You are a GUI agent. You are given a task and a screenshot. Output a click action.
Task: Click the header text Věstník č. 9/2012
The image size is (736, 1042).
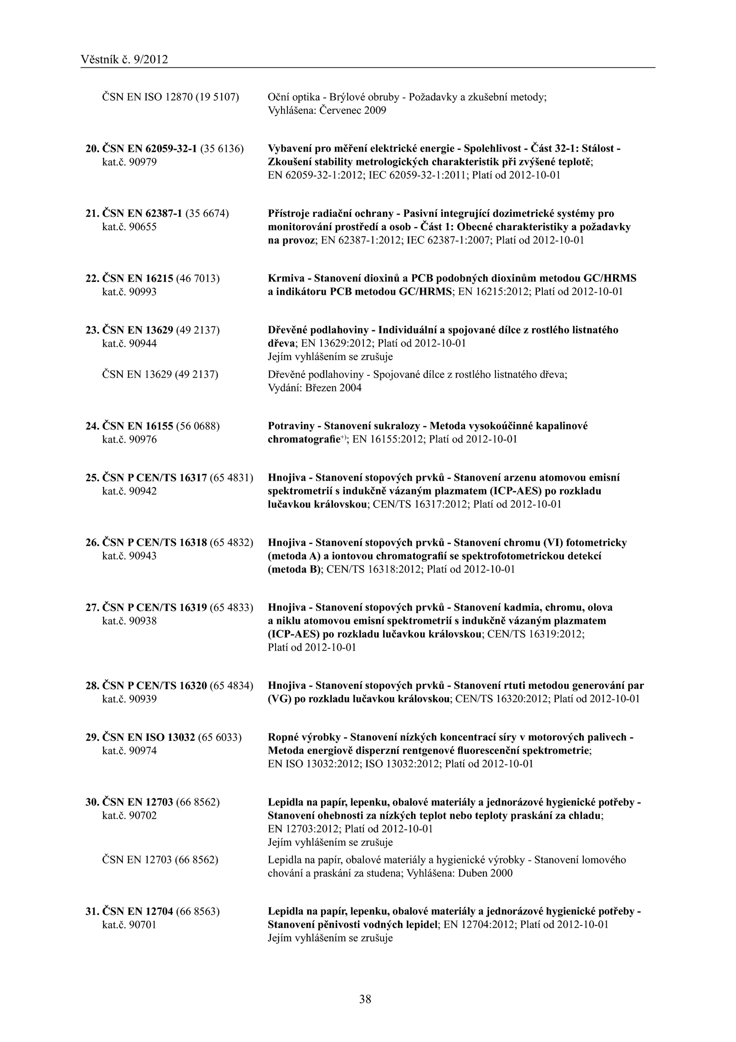point(124,59)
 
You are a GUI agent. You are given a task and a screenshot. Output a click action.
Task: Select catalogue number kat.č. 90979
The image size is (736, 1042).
point(129,162)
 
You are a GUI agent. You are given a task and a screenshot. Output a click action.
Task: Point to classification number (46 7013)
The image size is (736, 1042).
point(202,278)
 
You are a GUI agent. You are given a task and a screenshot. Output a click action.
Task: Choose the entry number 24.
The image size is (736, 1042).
point(92,426)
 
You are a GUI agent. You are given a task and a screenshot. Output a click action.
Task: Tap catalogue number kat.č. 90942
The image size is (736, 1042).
point(129,491)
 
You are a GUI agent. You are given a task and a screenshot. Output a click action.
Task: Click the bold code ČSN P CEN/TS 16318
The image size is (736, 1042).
point(154,542)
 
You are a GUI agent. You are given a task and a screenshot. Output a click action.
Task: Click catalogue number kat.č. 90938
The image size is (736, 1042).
point(129,621)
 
